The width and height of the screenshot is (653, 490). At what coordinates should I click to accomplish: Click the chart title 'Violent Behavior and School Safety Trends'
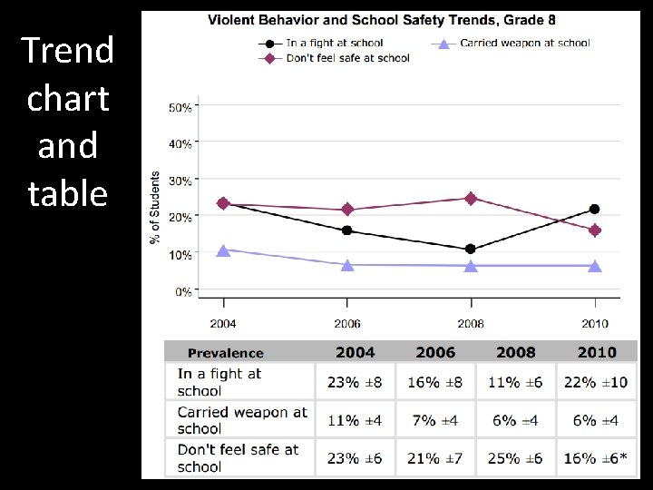point(382,20)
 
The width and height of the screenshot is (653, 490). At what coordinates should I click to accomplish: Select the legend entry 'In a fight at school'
point(334,43)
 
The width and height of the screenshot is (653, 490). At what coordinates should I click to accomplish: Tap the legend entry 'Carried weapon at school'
point(524,43)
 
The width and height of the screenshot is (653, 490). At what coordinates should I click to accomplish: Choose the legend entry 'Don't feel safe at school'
point(347,58)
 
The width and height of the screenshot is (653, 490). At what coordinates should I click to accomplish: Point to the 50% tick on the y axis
point(180,107)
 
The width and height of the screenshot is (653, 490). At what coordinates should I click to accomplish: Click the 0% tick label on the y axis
point(182,292)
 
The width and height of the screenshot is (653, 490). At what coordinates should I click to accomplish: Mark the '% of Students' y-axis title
point(155,207)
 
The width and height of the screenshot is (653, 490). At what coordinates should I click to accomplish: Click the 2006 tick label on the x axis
point(347,324)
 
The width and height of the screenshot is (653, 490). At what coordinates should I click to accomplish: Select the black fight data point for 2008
point(471,249)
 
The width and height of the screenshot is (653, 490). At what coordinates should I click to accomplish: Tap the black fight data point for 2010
point(594,210)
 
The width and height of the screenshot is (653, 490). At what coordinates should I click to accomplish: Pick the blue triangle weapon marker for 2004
point(224,250)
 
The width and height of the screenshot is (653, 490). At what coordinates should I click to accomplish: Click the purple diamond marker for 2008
point(471,199)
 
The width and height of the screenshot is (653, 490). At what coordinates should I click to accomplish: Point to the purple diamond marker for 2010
point(594,230)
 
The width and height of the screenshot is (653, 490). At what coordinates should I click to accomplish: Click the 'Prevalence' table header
point(225,353)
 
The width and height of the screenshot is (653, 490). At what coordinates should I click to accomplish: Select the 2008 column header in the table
point(515,352)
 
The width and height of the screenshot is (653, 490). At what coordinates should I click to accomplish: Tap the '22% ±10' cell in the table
point(595,382)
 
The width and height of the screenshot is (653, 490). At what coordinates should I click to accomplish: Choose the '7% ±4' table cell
point(435,420)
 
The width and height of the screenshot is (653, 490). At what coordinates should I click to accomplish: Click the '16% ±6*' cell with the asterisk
point(595,458)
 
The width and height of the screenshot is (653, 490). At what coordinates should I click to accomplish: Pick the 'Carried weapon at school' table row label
point(241,420)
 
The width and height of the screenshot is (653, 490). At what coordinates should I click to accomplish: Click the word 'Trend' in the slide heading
point(68,51)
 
